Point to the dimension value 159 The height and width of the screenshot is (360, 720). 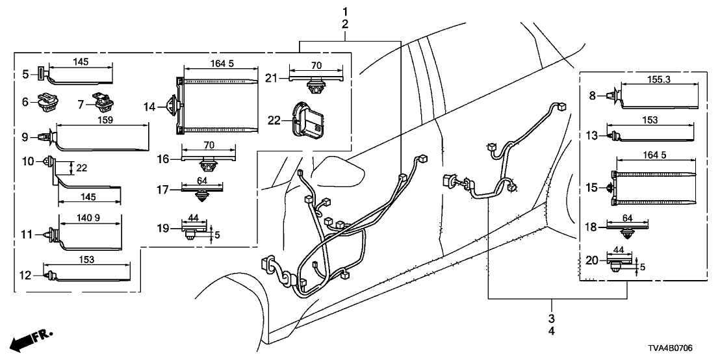(x=102, y=120)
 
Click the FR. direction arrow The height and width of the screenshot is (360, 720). (x=29, y=341)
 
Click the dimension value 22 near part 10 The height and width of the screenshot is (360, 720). (x=81, y=168)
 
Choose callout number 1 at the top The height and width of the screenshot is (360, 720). (x=345, y=11)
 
